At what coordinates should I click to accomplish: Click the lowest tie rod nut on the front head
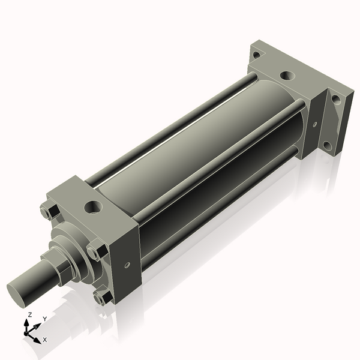103,296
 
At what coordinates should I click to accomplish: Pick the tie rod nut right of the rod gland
95,250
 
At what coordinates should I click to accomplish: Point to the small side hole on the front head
127,264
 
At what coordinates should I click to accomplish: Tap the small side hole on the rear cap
314,125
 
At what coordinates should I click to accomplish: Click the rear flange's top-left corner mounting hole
256,55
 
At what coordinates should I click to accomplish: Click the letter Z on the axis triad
30,314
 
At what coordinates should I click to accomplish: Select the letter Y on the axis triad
44,319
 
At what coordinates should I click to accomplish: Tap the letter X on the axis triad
45,340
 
